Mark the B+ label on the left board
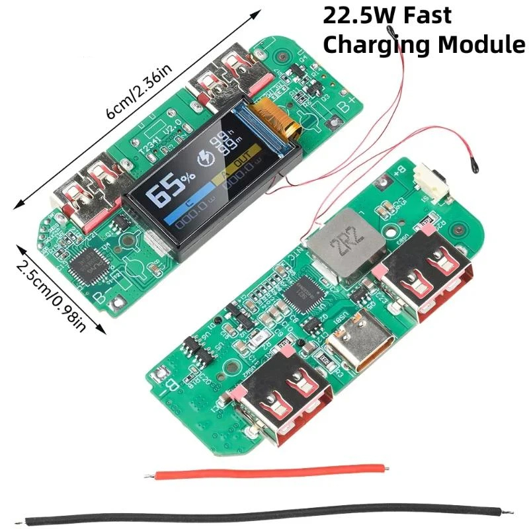coord(348,104)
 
